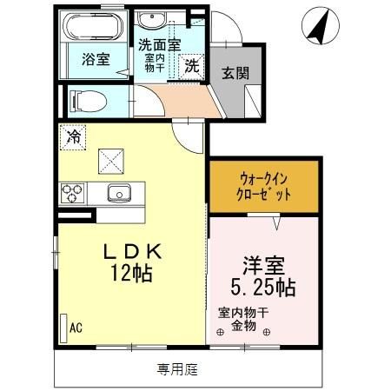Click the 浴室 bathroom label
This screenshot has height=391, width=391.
pos(96,61)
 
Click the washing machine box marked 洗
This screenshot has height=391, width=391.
pos(192,63)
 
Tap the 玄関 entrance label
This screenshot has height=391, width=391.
pos(229,72)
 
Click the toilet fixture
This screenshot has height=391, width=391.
pos(85,100)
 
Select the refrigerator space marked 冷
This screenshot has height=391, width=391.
pos(73,136)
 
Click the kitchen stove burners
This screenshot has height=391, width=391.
pos(72,192)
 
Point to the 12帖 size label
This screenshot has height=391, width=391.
pos(133,274)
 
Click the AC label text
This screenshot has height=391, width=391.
pos(76,328)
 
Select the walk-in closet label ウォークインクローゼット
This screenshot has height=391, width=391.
pos(264,186)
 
